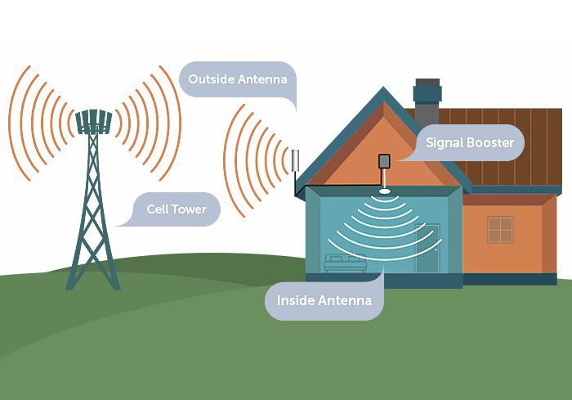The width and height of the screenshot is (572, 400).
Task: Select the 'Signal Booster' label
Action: tap(469, 143)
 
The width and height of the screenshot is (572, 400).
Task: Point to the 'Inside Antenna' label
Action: tap(324, 300)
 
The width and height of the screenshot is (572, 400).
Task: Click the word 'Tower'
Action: tap(189, 209)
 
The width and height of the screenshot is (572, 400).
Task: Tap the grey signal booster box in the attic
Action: tap(383, 161)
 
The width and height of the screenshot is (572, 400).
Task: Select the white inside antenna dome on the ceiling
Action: tap(383, 193)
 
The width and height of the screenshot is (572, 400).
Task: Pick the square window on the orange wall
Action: tap(500, 230)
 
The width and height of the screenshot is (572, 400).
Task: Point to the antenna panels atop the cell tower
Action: tap(93, 122)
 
